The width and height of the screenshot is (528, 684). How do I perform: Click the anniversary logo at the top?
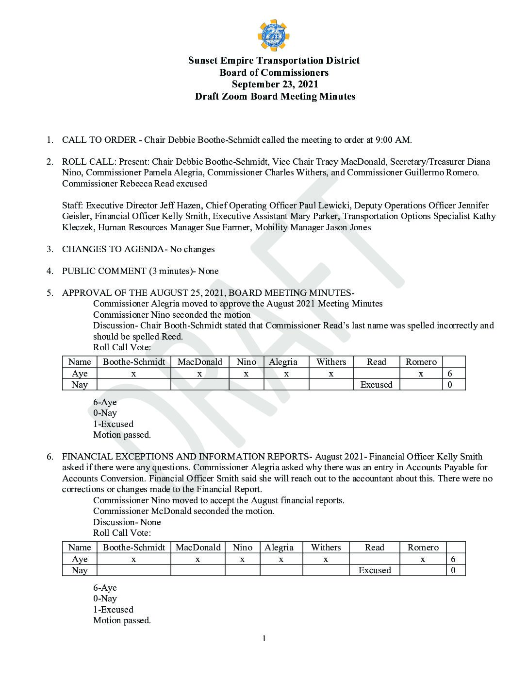274,35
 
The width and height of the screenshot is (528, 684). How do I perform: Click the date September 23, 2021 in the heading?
275,84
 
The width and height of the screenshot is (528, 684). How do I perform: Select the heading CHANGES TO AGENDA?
113,249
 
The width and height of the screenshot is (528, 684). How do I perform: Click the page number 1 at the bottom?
264,638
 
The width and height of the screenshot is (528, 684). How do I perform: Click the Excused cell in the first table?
376,385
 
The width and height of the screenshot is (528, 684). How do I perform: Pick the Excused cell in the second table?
374,570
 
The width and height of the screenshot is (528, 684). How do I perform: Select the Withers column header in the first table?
331,362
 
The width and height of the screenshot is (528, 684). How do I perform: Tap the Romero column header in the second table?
423,547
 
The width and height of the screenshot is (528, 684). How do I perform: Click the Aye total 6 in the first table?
450,374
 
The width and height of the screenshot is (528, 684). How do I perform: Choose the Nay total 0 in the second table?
453,570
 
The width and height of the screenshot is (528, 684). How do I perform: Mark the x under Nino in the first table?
246,374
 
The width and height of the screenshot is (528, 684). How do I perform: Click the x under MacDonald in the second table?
198,559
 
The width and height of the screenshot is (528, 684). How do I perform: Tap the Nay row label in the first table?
80,385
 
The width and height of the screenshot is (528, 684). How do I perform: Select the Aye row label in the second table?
80,559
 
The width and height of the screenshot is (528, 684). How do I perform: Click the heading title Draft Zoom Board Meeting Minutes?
275,96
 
